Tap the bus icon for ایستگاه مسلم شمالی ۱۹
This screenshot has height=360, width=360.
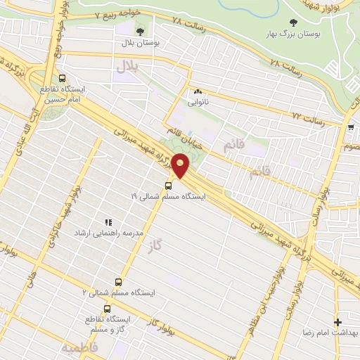[x=169, y=186]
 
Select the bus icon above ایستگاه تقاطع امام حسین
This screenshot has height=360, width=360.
[x=63, y=79]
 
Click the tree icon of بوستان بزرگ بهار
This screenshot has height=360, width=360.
[x=293, y=22]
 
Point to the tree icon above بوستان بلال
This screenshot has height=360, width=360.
[x=140, y=32]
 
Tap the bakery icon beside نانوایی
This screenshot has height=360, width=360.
[x=197, y=91]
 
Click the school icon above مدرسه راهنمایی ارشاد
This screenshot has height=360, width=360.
[x=108, y=222]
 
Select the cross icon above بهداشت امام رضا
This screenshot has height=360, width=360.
[x=337, y=321]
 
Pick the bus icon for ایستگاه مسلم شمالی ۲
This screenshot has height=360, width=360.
[x=127, y=281]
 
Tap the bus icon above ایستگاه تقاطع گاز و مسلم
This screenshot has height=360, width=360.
[x=107, y=309]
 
